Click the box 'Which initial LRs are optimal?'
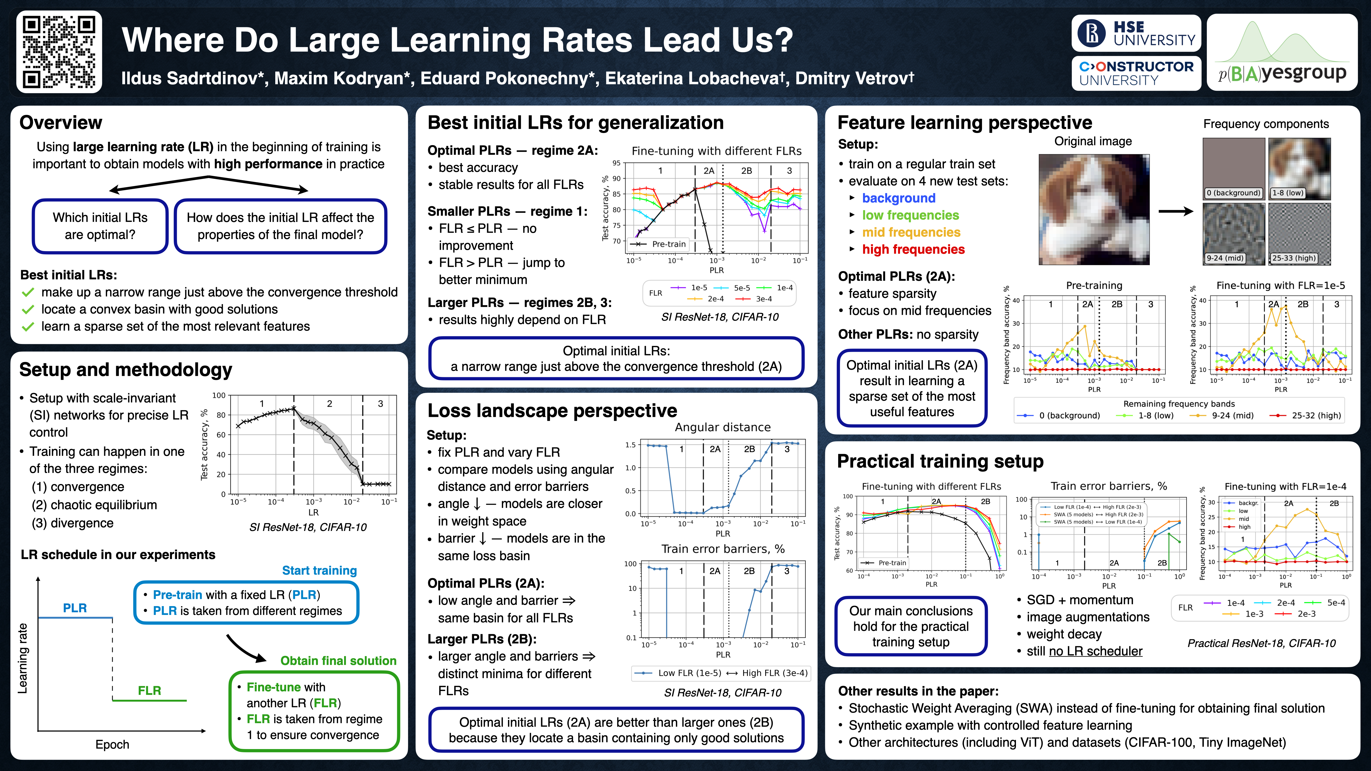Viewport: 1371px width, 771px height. (100, 226)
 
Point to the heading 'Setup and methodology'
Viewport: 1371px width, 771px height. (126, 369)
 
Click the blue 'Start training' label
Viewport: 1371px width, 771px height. (319, 570)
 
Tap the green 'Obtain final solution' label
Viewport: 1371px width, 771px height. (338, 661)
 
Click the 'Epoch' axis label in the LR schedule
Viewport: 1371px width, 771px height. (112, 744)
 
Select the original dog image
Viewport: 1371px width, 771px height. (1094, 209)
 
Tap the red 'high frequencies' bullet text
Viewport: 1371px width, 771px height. (913, 250)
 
